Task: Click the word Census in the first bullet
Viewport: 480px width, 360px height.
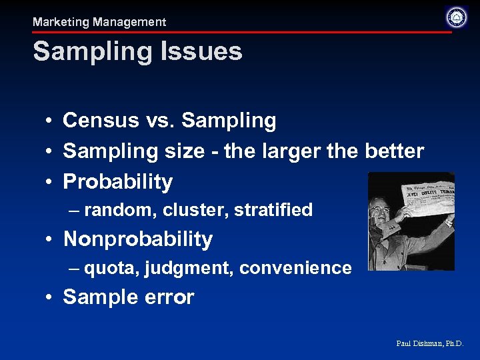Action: click(x=94, y=121)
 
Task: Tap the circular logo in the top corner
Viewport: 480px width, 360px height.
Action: click(x=457, y=17)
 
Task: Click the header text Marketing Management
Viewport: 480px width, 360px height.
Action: click(x=99, y=22)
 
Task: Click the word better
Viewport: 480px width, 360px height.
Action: click(x=394, y=151)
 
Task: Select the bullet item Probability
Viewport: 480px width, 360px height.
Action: click(x=117, y=182)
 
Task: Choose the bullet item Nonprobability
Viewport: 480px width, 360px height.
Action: click(x=137, y=239)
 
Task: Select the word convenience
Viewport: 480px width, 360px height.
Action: click(x=295, y=268)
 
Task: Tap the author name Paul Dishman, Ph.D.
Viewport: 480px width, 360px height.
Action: click(x=429, y=343)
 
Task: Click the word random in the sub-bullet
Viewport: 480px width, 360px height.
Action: click(x=119, y=210)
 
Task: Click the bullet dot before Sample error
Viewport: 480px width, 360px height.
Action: click(x=50, y=298)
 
